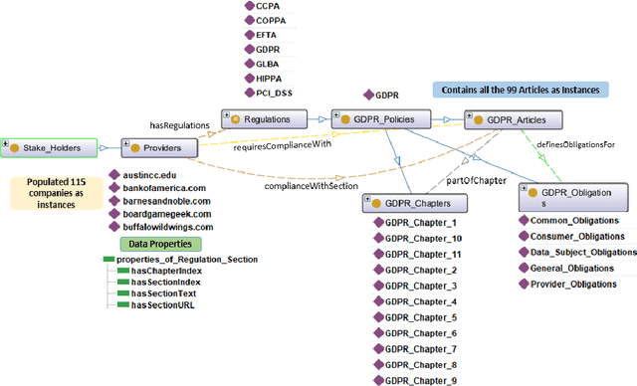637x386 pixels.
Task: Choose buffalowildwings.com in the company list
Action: pyautogui.click(x=169, y=226)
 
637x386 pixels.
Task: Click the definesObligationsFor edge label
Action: pyautogui.click(x=582, y=144)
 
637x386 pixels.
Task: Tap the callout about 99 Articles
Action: pyautogui.click(x=520, y=90)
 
